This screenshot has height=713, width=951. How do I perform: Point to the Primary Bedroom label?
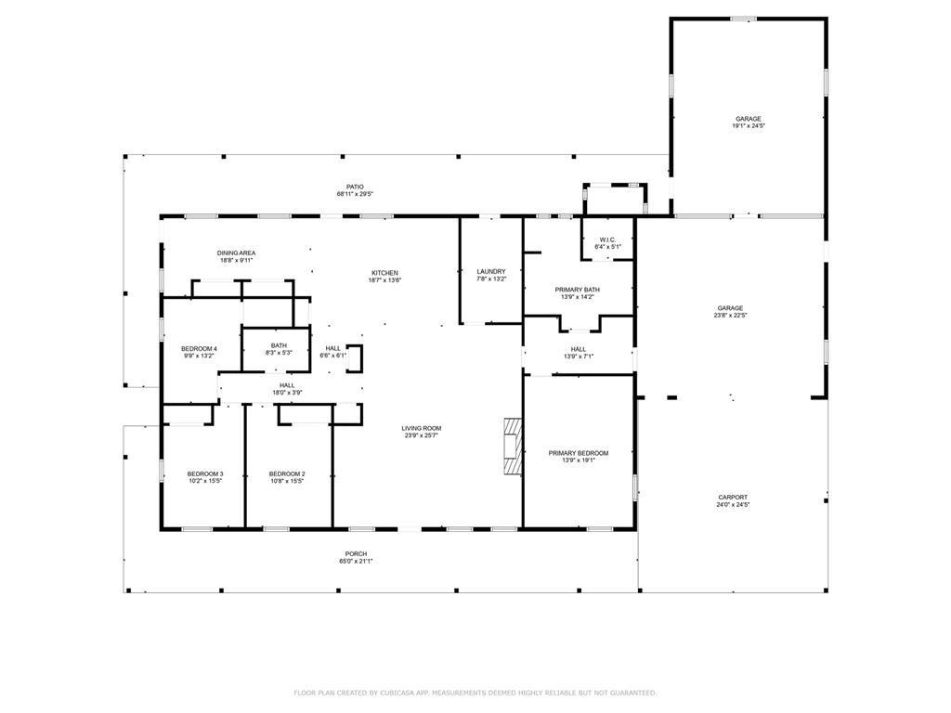[578, 453]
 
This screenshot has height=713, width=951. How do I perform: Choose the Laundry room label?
[490, 271]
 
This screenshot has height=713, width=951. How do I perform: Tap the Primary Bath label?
[577, 290]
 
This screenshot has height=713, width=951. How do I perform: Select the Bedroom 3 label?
[204, 473]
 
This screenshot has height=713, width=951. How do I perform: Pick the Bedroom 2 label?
[287, 473]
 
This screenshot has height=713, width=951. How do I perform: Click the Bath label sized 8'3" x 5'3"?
[279, 345]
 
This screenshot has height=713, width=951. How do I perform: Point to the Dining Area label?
[237, 253]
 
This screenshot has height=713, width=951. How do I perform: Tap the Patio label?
[355, 187]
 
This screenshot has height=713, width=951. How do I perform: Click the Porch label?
[356, 553]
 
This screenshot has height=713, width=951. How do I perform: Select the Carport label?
[732, 498]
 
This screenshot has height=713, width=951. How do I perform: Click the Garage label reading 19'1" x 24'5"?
[749, 119]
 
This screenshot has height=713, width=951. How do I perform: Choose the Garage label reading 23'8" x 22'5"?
[729, 308]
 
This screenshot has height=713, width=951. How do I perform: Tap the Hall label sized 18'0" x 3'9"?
[287, 385]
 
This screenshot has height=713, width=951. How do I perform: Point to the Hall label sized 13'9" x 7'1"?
[578, 349]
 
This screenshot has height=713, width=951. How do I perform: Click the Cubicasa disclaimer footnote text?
[475, 693]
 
